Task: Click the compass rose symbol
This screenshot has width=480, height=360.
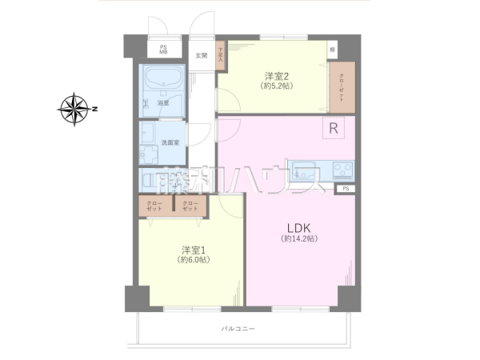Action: [75, 110]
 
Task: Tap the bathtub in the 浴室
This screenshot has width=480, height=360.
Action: [165, 80]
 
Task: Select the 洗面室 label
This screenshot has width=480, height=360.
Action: [170, 142]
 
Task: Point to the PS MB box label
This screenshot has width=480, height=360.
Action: [163, 50]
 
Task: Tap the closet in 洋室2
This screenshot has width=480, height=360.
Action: [342, 86]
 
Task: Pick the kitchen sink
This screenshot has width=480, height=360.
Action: [305, 170]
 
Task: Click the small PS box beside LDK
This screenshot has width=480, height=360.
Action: [346, 188]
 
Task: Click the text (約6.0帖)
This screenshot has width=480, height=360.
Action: [193, 260]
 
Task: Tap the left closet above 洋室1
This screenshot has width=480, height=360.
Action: [154, 206]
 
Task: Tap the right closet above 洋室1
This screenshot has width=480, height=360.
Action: [190, 206]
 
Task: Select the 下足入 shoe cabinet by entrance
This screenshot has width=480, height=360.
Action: [220, 54]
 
